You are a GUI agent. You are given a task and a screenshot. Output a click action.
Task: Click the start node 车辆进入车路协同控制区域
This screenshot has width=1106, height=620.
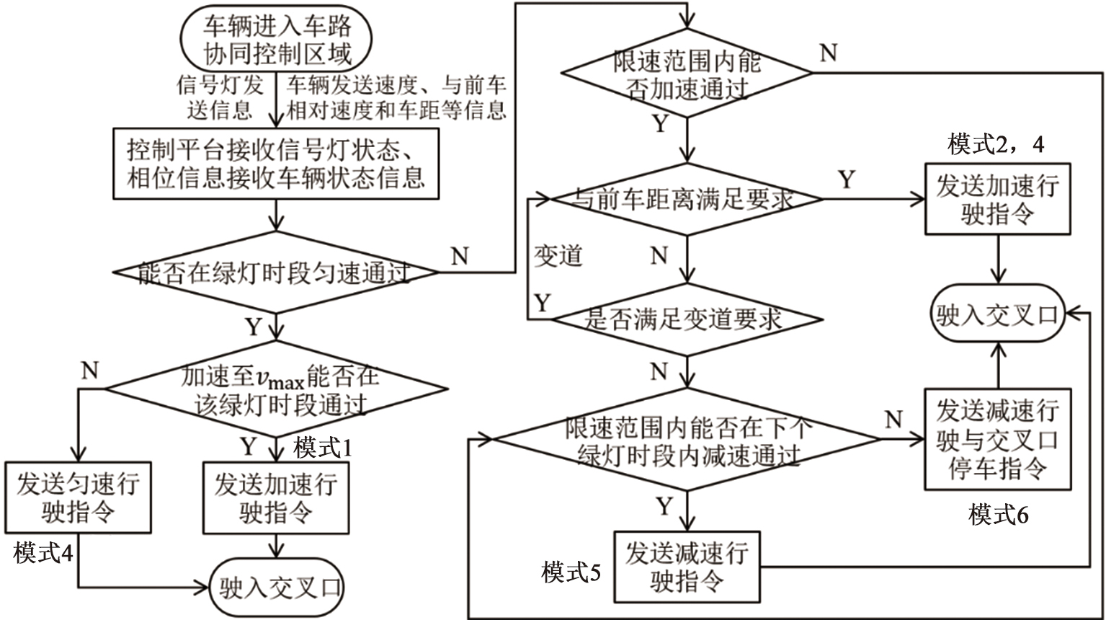[277, 40]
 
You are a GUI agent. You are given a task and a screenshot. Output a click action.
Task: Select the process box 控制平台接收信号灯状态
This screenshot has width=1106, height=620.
[276, 164]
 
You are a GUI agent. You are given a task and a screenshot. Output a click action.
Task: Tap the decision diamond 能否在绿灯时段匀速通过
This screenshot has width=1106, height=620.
[276, 273]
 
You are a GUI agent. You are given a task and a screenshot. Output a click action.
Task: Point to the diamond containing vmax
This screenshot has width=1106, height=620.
[277, 389]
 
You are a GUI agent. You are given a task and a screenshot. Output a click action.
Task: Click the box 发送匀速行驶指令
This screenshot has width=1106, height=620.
[78, 497]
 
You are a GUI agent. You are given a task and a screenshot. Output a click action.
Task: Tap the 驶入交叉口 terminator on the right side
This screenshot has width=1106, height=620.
[998, 314]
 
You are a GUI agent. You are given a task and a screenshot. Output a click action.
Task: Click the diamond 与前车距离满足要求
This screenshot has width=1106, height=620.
[687, 200]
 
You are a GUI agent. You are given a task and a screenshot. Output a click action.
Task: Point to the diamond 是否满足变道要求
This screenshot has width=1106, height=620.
[687, 319]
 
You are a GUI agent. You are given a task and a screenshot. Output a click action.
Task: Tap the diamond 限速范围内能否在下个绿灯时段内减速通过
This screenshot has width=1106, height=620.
[687, 439]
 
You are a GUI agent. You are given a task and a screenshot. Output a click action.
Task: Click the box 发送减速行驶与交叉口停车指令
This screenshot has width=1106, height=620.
[998, 439]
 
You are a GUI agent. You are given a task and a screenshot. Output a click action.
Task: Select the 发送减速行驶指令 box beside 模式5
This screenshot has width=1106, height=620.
[687, 567]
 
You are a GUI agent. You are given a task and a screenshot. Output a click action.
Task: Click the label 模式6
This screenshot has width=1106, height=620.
[998, 515]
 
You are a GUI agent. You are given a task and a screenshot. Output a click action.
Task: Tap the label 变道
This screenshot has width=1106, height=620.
[558, 256]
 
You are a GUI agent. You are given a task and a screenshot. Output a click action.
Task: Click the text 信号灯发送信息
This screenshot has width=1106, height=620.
[220, 97]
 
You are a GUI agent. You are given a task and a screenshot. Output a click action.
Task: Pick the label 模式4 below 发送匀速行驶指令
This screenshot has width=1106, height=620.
[43, 554]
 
